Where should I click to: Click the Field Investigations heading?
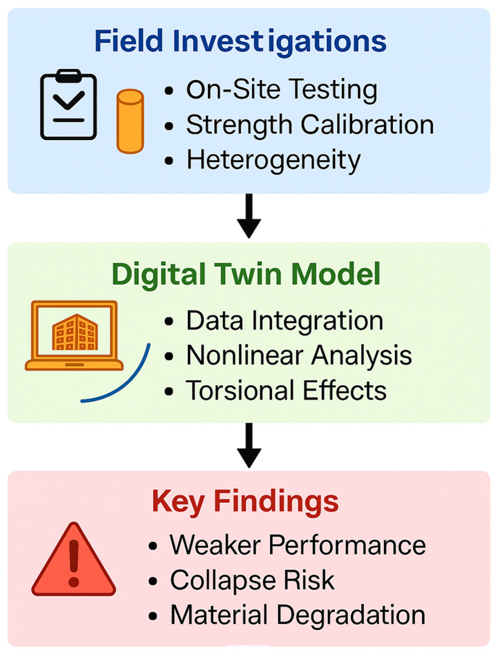click(240, 41)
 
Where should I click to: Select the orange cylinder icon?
click(130, 121)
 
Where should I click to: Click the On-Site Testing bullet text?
click(282, 90)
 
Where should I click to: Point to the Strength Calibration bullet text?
click(310, 125)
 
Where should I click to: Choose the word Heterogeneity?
click(273, 160)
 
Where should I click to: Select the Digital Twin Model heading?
click(246, 274)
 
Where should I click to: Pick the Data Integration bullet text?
click(285, 321)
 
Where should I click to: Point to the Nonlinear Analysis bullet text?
click(299, 355)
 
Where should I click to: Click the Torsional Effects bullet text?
click(286, 390)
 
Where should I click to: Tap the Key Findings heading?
click(245, 501)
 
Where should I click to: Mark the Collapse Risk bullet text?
click(252, 580)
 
